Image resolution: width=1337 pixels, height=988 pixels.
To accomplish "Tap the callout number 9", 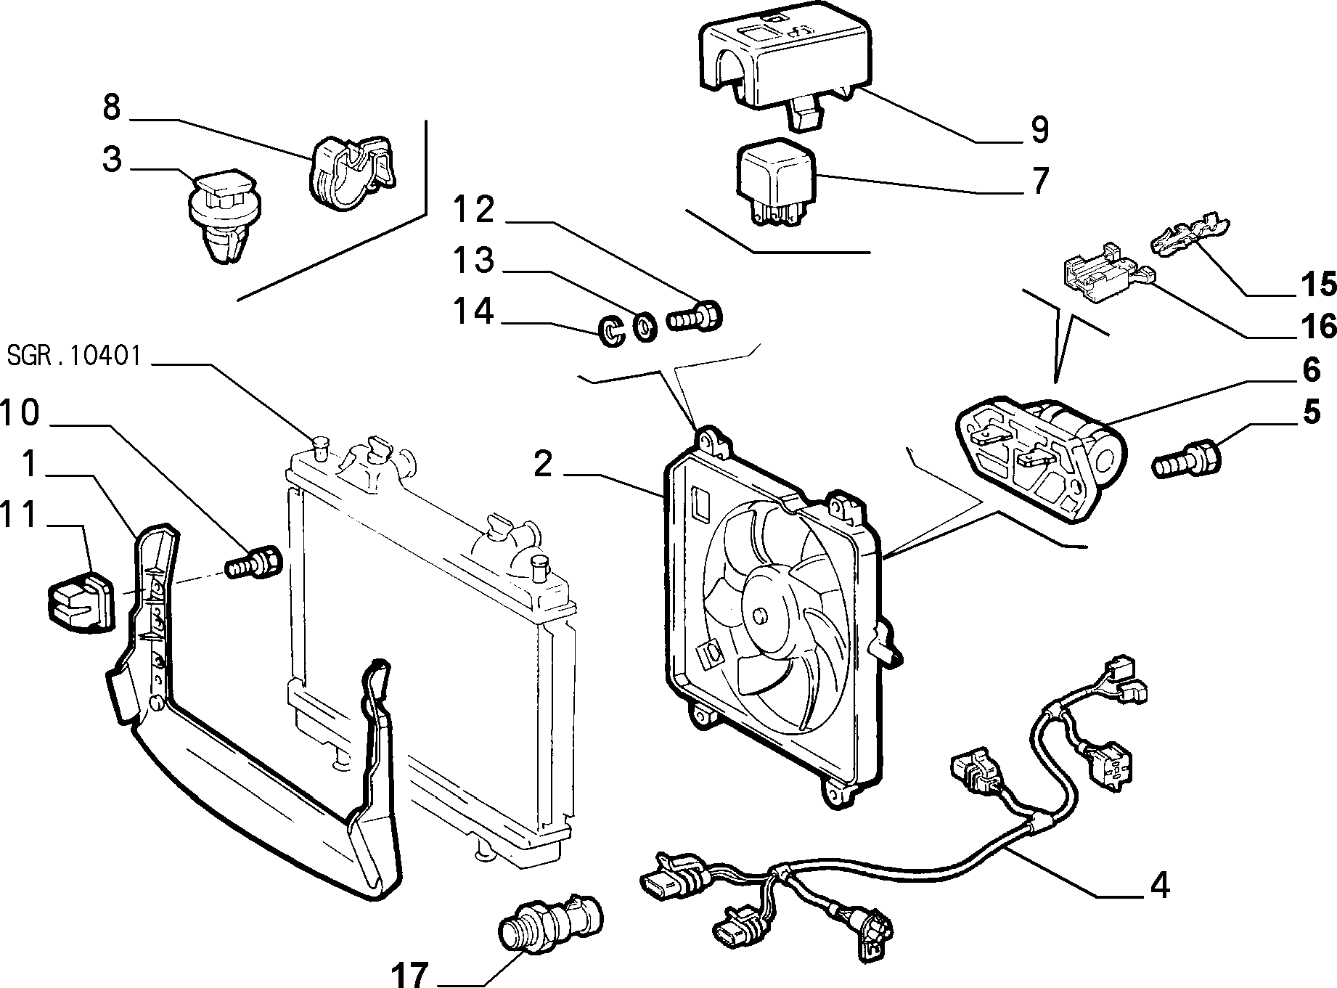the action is (1039, 128).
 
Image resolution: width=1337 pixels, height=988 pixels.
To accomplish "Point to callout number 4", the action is (1160, 885).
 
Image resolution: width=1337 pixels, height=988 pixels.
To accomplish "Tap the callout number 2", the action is (544, 465).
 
